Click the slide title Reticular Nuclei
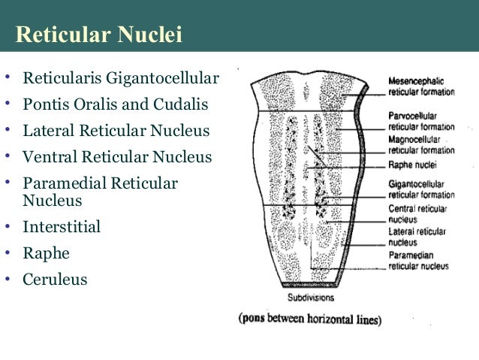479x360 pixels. [x=99, y=35]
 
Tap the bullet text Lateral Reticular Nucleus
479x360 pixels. [x=116, y=132]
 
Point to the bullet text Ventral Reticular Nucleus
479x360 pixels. [x=118, y=158]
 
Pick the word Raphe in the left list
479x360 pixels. [x=46, y=253]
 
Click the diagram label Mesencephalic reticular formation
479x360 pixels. [x=421, y=87]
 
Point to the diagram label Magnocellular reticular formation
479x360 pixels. [x=421, y=145]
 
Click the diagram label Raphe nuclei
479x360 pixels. [x=412, y=165]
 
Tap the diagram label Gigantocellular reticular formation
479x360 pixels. [x=421, y=189]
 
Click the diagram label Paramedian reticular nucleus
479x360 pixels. [x=419, y=261]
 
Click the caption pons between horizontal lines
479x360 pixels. [x=311, y=318]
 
